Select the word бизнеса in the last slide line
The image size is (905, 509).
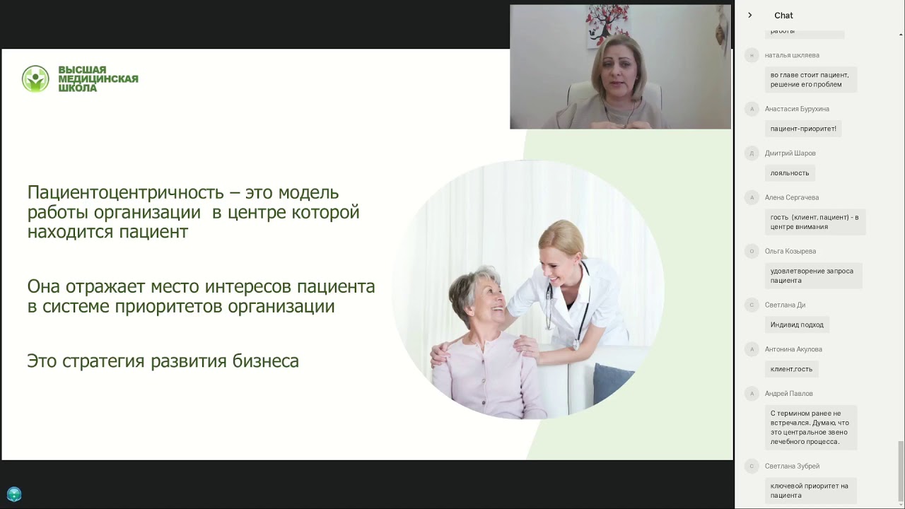click(x=266, y=361)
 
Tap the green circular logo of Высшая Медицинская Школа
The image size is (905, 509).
click(x=35, y=79)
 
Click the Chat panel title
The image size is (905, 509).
click(x=783, y=16)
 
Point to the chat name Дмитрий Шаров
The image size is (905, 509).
click(x=790, y=153)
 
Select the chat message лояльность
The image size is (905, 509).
click(x=790, y=173)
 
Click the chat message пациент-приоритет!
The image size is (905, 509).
click(x=803, y=129)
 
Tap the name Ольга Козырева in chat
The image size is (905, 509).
click(x=790, y=252)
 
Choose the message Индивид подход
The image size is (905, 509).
click(x=797, y=325)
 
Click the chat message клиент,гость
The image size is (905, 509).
click(x=791, y=369)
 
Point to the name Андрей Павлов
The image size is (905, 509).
click(x=788, y=394)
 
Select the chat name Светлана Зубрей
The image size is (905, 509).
click(x=792, y=467)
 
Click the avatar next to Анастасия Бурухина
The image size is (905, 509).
click(x=752, y=109)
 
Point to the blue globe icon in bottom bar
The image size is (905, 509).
click(x=14, y=495)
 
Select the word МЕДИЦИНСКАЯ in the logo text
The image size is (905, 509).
click(x=98, y=79)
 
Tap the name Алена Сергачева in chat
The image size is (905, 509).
click(x=791, y=198)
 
